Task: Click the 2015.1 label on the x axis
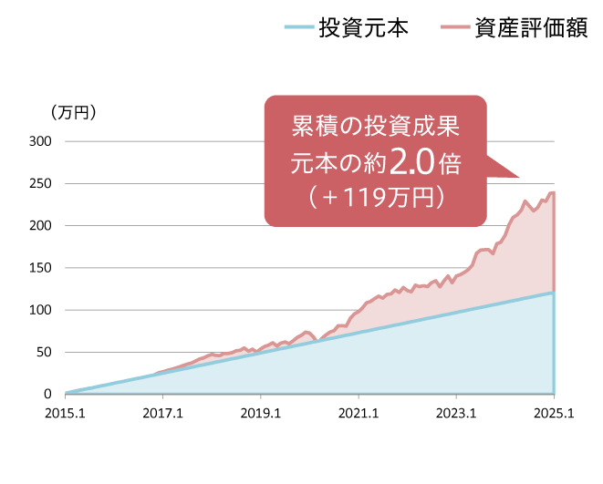65,413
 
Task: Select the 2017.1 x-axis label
163,413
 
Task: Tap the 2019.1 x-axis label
261,413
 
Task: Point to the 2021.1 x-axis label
359,413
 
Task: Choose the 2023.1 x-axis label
456,413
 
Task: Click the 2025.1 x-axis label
554,413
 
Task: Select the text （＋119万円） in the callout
375,196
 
